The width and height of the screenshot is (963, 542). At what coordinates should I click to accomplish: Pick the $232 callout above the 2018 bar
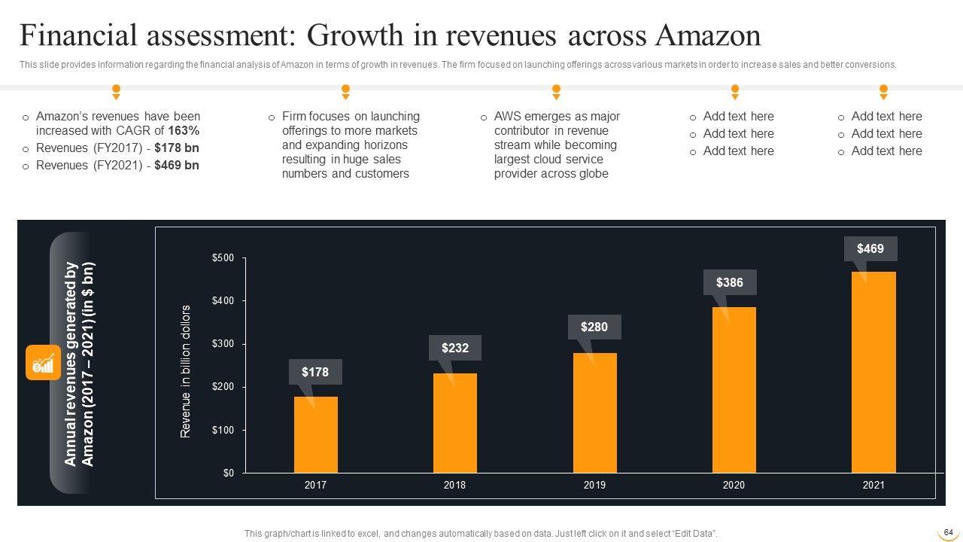tap(455, 348)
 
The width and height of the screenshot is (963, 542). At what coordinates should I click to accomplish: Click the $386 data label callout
tap(730, 282)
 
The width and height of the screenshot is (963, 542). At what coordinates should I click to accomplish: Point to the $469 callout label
tap(870, 248)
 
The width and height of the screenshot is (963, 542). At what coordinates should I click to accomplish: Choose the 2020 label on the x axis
tap(734, 486)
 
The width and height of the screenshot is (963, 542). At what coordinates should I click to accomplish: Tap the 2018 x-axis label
tap(454, 486)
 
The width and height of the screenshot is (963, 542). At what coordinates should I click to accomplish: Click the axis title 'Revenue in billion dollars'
tap(186, 371)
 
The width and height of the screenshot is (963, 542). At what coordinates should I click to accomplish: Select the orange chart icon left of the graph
tap(43, 363)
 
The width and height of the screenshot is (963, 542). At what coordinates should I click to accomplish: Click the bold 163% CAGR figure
tap(184, 130)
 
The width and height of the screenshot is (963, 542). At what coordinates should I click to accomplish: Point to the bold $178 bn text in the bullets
tap(177, 148)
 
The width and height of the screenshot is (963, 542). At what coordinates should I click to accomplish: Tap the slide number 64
tap(948, 532)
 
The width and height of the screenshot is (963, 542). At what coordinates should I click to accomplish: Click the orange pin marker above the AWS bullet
tap(556, 92)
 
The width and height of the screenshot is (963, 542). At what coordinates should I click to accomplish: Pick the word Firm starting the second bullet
tap(294, 117)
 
